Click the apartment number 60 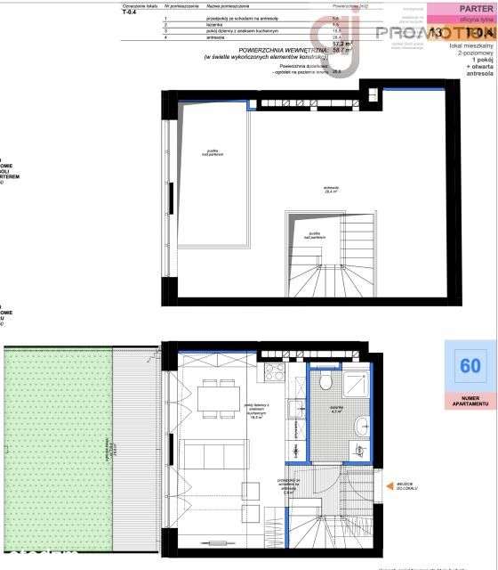(x=470, y=365)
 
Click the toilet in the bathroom (x=326, y=381)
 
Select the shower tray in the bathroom (x=355, y=384)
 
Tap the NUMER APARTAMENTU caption (x=470, y=400)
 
